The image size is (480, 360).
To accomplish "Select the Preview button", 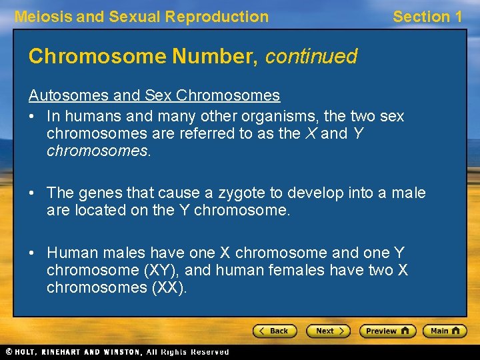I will point(387,331).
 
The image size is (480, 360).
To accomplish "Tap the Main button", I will point(445,331).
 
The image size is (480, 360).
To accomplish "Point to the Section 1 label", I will point(427,17).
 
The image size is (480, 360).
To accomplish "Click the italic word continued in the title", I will point(311,57).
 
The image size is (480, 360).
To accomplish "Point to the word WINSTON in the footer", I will point(120,352).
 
